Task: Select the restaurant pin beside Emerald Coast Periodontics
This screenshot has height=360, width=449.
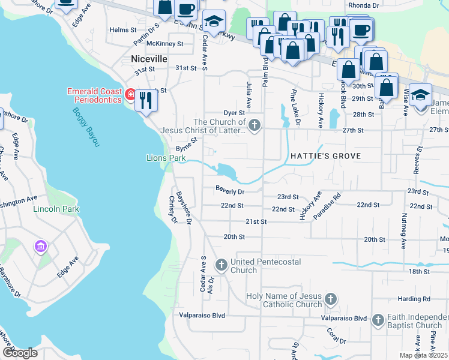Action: point(145,100)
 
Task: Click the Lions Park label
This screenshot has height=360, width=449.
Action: point(166,158)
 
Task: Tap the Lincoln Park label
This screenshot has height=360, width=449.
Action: point(57,209)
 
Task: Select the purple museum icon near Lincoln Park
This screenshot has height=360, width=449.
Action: point(41,246)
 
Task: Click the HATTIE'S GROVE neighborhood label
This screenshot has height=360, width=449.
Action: point(325,156)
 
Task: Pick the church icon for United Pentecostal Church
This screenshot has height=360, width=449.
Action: point(221,264)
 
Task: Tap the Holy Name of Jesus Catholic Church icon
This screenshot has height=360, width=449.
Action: point(330,299)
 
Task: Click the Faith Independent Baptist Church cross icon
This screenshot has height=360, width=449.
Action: point(378,320)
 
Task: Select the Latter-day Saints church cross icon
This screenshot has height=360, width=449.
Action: point(255,125)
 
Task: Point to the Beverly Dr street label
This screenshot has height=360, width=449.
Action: point(231,191)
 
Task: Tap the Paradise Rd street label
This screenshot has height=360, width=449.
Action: point(330,203)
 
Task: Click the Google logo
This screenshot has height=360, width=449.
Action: point(19,353)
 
